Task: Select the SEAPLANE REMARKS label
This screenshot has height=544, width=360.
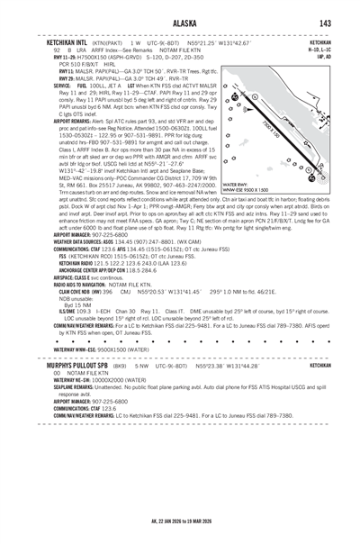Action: click(x=75, y=413)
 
